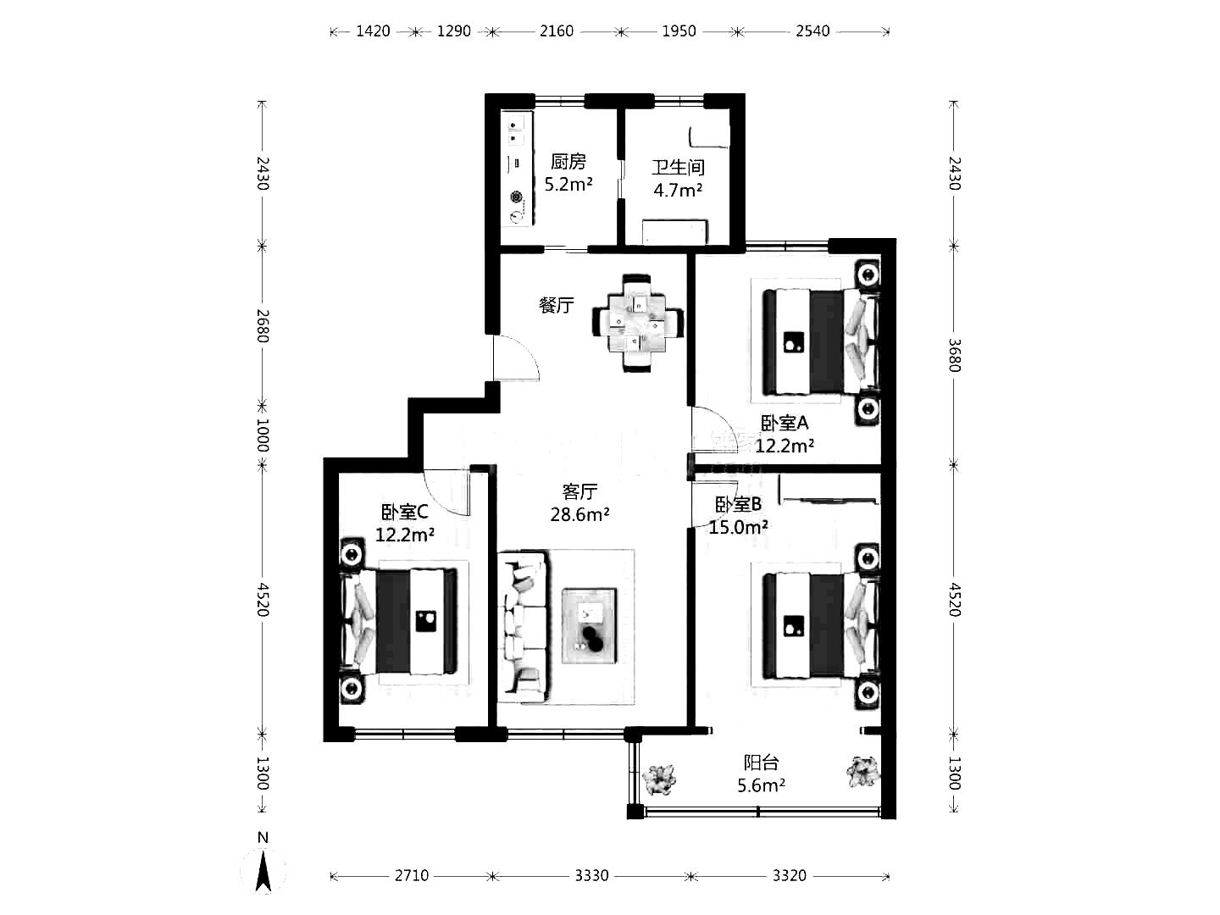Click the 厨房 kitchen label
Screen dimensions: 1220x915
[568, 162]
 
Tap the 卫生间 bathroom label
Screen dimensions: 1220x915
[678, 167]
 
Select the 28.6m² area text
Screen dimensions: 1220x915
[579, 514]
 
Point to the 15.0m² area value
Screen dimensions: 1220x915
[738, 527]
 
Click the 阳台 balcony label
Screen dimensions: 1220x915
[761, 762]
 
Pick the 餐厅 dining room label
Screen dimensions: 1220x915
[557, 305]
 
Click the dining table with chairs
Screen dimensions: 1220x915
[637, 322]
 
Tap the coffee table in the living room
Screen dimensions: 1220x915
[589, 625]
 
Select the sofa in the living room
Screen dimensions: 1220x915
[523, 625]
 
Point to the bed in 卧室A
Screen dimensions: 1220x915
[821, 341]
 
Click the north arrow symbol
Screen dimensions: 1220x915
[263, 873]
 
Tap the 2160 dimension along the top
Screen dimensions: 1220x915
[557, 31]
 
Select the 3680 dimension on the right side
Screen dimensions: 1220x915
[954, 355]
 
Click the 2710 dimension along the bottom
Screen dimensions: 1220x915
[411, 875]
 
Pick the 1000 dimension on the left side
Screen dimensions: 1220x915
[263, 435]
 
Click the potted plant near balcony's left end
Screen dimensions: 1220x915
[659, 779]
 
